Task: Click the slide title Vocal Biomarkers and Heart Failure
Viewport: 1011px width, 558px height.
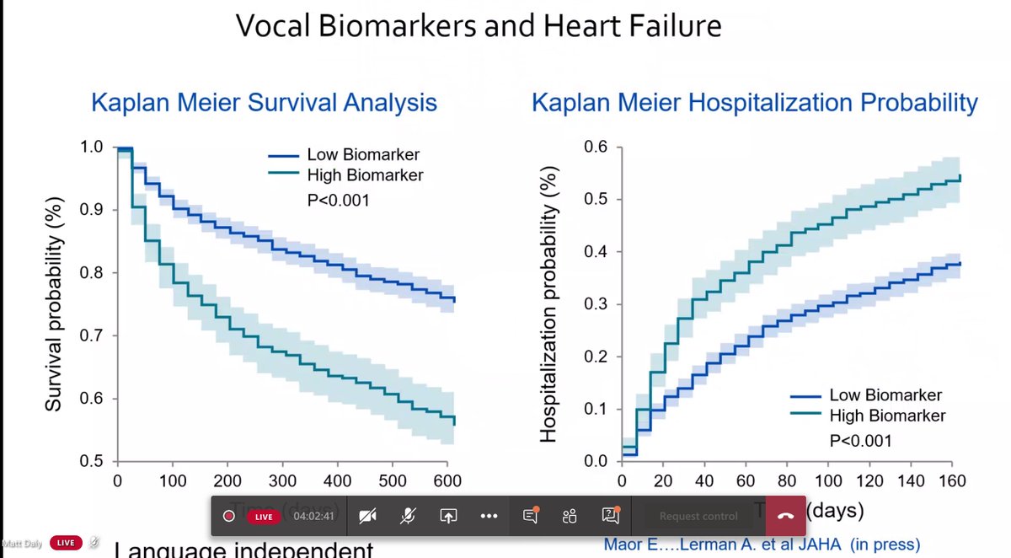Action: click(478, 26)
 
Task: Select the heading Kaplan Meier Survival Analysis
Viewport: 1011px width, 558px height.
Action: click(264, 103)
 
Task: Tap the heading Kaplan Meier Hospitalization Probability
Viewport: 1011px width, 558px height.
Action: click(754, 103)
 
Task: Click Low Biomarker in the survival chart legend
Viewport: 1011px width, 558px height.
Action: click(363, 155)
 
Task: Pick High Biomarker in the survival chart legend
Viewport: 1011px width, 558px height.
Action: click(365, 175)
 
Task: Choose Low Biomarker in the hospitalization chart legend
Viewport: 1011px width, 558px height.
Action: click(885, 394)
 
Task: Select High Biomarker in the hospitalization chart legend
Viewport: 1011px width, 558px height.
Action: click(887, 416)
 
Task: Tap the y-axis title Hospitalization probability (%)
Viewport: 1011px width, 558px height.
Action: click(548, 304)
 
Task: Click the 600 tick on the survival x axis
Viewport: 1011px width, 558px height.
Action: click(447, 480)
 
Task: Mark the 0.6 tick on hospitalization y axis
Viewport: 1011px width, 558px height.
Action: click(596, 147)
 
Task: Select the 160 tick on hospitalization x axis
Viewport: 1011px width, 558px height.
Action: click(952, 480)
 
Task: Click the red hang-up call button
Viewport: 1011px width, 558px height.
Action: click(785, 516)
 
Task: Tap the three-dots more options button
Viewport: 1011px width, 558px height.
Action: click(489, 516)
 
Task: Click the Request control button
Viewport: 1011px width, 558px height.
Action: click(698, 516)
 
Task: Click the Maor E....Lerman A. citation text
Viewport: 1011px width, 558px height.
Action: click(762, 545)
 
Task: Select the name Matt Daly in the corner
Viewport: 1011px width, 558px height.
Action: click(20, 542)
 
